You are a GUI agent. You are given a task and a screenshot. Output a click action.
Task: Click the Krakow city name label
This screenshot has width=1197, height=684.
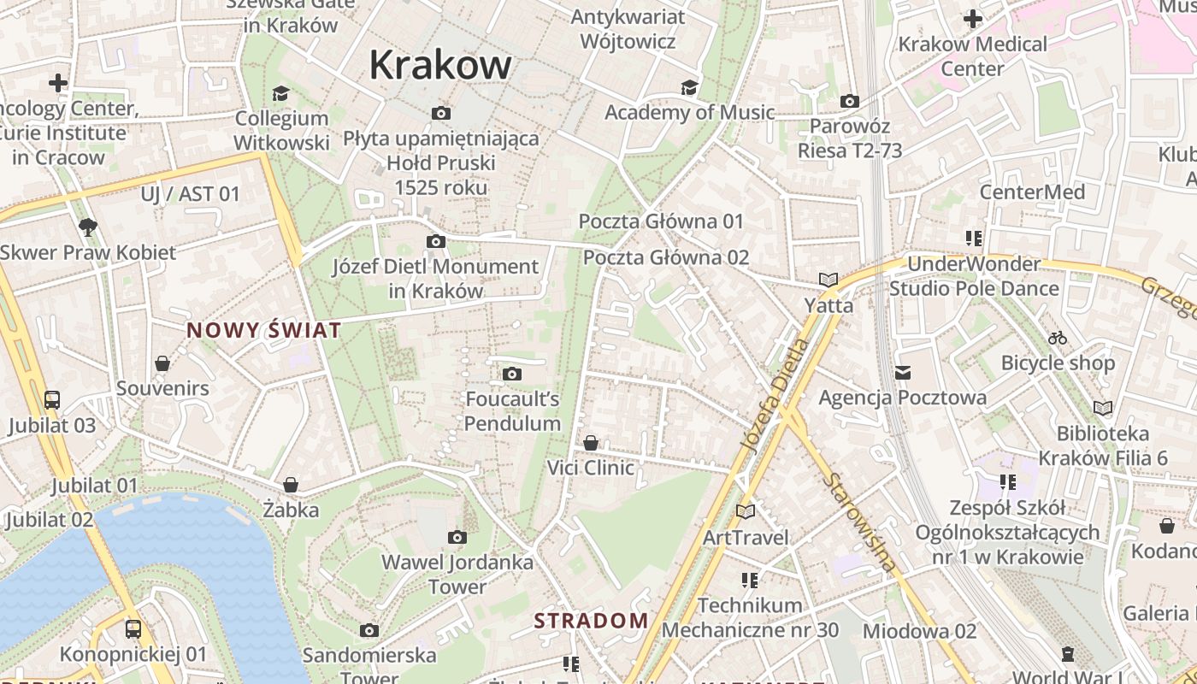pyautogui.click(x=440, y=65)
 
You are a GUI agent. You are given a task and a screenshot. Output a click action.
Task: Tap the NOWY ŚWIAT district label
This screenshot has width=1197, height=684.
pyautogui.click(x=264, y=330)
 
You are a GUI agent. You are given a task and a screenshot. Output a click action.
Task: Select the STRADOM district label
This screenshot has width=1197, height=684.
pyautogui.click(x=592, y=621)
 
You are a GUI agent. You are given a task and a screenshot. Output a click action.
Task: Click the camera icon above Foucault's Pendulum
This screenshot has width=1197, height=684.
pyautogui.click(x=512, y=374)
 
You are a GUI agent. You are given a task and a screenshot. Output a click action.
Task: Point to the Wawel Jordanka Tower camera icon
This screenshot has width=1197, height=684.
pyautogui.click(x=457, y=537)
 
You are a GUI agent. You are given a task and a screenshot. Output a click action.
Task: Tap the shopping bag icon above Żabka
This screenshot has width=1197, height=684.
pyautogui.click(x=291, y=486)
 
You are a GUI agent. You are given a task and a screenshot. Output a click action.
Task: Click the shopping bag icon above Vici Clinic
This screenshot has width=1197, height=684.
pyautogui.click(x=591, y=443)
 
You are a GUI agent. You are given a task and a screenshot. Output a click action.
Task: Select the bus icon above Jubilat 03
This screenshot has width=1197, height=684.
pyautogui.click(x=52, y=399)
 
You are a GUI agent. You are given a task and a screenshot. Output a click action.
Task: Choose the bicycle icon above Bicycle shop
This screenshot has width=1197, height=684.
pyautogui.click(x=1058, y=338)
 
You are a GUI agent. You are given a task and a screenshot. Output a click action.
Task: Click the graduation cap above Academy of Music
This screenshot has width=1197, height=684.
pyautogui.click(x=689, y=87)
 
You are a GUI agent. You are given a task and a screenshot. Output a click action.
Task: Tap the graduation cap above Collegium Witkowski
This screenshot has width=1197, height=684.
pyautogui.click(x=281, y=93)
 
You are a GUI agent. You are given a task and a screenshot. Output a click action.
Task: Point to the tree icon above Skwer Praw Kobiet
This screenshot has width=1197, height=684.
pyautogui.click(x=87, y=227)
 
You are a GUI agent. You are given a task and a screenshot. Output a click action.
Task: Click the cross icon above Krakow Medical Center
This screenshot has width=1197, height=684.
pyautogui.click(x=972, y=18)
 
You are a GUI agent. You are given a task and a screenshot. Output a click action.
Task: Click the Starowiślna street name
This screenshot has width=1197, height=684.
pyautogui.click(x=860, y=521)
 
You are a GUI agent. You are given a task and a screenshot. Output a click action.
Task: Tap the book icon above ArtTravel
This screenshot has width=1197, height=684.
pyautogui.click(x=746, y=511)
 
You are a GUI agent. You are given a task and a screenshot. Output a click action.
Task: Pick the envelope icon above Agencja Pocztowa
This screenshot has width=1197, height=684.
pyautogui.click(x=903, y=373)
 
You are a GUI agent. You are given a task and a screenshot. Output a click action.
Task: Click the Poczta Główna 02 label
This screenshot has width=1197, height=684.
pyautogui.click(x=666, y=257)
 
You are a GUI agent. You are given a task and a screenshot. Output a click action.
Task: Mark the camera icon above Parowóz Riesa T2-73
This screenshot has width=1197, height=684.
pyautogui.click(x=849, y=101)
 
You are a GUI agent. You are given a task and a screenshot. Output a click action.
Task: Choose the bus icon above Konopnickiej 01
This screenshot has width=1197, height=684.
pyautogui.click(x=133, y=629)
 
